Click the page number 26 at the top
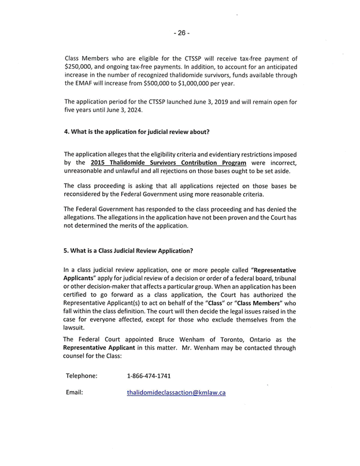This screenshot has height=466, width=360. (x=180, y=33)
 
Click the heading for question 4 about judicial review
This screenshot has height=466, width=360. (x=136, y=132)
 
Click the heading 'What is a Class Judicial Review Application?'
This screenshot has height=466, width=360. (x=128, y=251)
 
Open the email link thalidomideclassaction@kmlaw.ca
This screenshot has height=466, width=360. (x=176, y=393)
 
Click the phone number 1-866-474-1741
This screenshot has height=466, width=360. (x=149, y=376)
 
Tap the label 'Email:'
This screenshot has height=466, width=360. (x=75, y=393)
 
